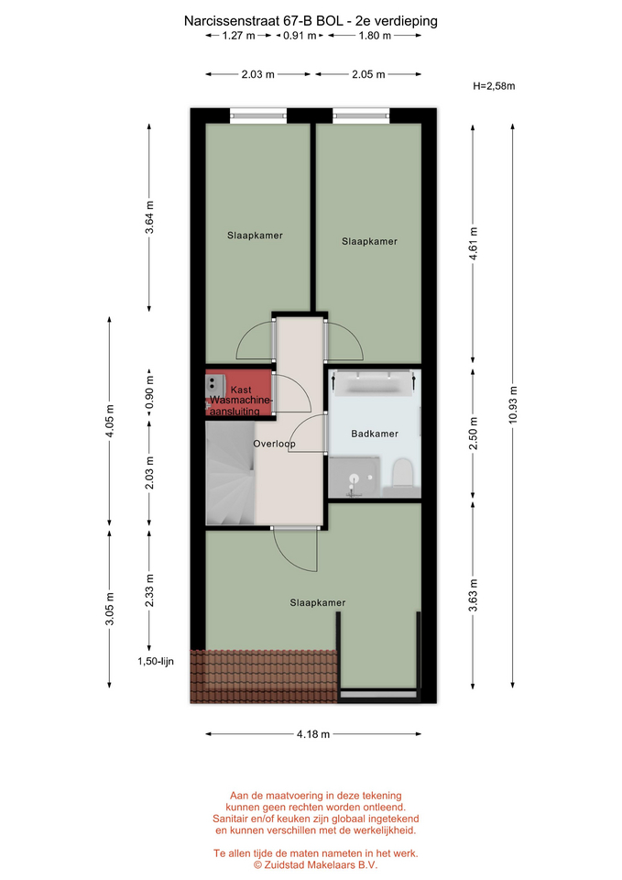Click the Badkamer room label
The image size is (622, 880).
[x=375, y=434]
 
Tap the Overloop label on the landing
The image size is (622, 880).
[x=274, y=444]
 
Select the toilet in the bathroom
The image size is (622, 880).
[x=402, y=473]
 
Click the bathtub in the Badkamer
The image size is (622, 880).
[x=374, y=385]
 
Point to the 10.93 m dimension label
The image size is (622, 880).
[x=513, y=406]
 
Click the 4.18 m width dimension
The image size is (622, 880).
[x=313, y=733]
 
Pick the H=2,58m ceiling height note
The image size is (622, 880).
[x=494, y=86]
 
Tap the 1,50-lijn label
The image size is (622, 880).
[x=156, y=661]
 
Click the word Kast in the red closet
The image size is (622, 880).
[x=241, y=390]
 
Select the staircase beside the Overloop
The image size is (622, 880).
[x=231, y=473]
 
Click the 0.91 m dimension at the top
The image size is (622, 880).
[x=300, y=36]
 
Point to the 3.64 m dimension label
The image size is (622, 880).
[x=149, y=219]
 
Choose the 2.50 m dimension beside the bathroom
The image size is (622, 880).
[x=473, y=434]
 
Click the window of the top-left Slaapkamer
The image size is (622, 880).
[x=258, y=116]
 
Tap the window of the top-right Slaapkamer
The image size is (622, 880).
[x=361, y=116]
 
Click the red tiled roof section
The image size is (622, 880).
[x=264, y=676]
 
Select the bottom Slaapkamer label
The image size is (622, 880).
[x=318, y=603]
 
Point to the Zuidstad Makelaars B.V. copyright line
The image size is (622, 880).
[x=316, y=864]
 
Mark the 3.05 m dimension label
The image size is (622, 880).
[x=109, y=609]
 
